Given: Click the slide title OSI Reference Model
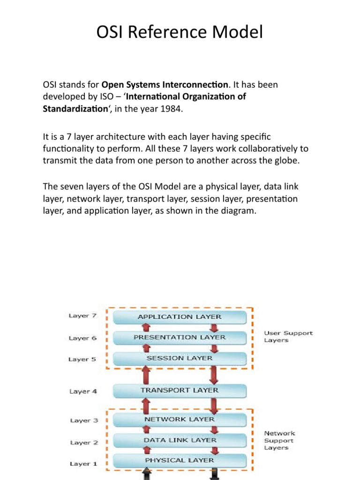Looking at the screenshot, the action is point(180,33).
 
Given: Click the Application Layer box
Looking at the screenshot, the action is point(180,317).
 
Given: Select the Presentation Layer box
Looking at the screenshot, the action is point(180,337).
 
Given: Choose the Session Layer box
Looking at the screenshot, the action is point(180,358).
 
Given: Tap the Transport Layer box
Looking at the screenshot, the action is point(180,390).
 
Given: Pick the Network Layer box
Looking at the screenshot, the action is point(180,420).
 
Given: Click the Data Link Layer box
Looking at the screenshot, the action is point(180,440).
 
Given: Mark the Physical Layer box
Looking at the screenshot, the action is point(180,460).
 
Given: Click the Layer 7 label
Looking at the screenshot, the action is point(82,316).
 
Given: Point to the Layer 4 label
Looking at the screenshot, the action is point(83,391).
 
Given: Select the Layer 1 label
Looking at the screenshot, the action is point(83,464).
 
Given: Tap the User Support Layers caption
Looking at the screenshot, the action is point(288,337).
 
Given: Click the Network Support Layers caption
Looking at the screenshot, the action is point(279,441).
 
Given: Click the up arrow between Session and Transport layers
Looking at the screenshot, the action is point(146,374).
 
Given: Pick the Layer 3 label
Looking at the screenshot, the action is point(83,420).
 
